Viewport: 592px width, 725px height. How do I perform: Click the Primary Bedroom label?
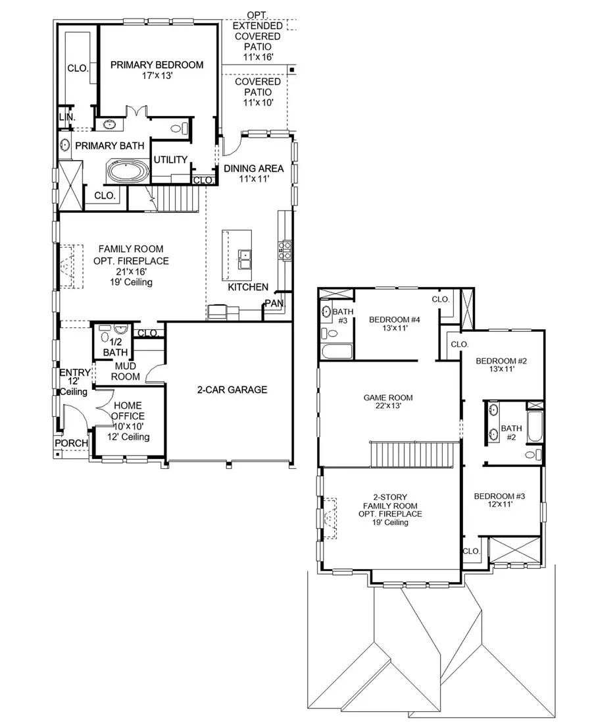click(x=157, y=65)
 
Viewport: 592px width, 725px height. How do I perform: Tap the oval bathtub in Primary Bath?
click(x=129, y=173)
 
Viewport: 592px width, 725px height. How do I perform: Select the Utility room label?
click(x=170, y=160)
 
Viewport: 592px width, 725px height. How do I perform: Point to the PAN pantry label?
click(x=273, y=304)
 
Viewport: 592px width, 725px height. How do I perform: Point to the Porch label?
click(x=71, y=443)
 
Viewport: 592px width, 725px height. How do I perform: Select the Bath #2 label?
click(x=511, y=433)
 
